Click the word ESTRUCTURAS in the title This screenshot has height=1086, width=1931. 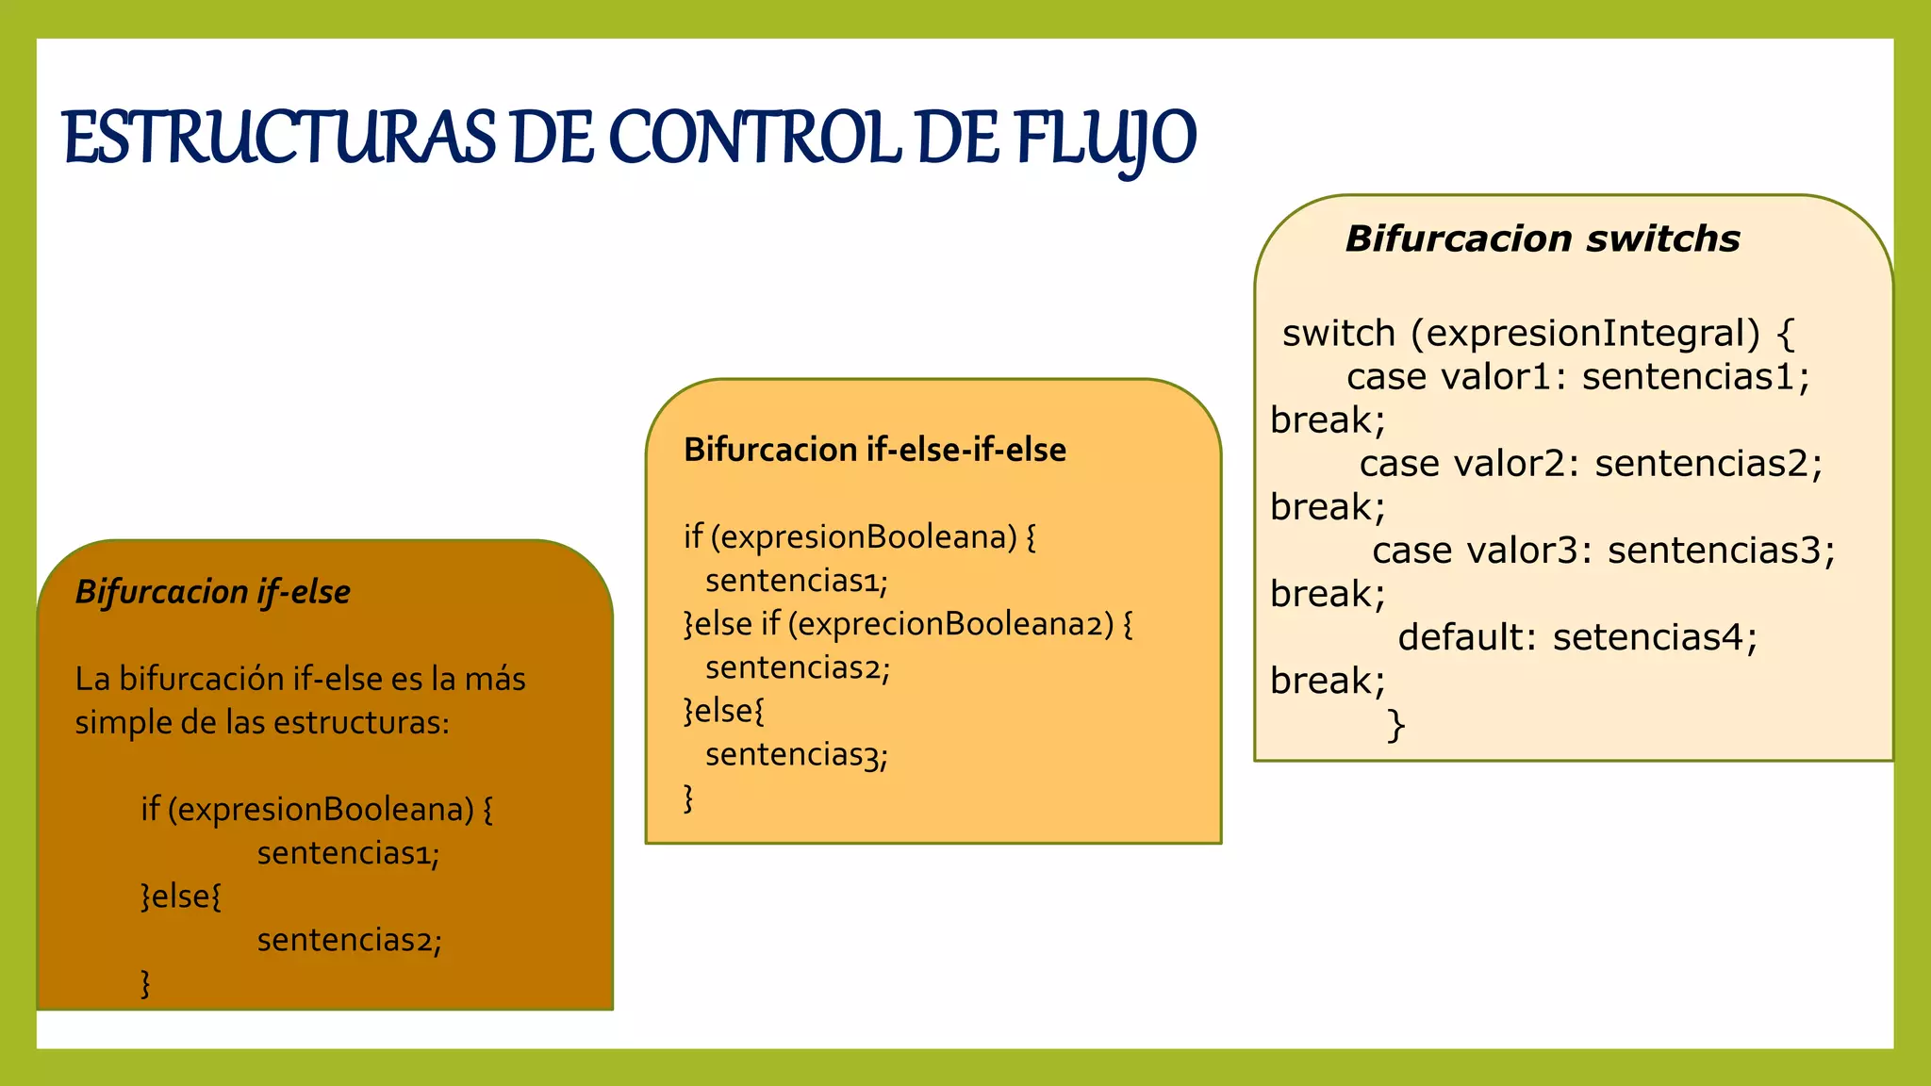(279, 139)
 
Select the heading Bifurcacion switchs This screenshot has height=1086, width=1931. (1542, 239)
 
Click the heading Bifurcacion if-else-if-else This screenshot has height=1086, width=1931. (874, 450)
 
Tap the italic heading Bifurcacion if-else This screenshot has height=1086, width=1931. (212, 592)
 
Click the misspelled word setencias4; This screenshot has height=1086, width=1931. (1655, 637)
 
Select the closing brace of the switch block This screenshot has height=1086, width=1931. (1396, 726)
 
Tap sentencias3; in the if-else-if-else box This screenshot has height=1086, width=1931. (796, 754)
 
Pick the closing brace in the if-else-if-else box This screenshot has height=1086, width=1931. (688, 798)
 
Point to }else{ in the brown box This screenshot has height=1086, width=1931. (181, 897)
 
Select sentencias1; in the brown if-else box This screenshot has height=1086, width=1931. (348, 853)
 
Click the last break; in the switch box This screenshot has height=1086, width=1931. (1328, 681)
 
